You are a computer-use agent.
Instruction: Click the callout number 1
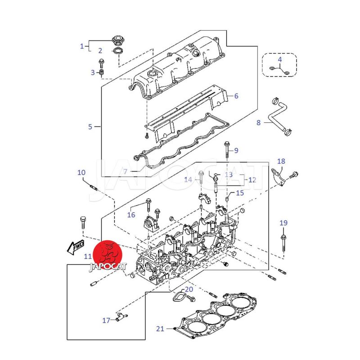point(82,46)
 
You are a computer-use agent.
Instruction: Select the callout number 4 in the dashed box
point(279,59)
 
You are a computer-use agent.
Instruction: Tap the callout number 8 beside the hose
point(258,122)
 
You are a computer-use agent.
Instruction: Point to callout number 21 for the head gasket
point(160,328)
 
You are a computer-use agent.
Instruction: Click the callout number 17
point(106,320)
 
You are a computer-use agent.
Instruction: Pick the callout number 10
point(81,172)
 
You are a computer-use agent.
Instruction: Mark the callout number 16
point(131,215)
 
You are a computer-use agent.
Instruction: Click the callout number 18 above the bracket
point(281,161)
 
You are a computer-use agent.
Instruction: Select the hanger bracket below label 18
point(279,177)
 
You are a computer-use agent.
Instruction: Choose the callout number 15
point(240,193)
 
